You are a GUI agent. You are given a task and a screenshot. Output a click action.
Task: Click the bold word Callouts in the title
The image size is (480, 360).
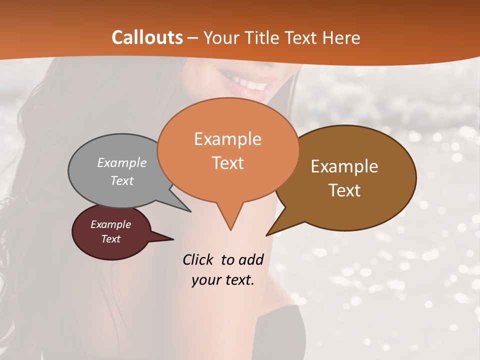click(x=147, y=37)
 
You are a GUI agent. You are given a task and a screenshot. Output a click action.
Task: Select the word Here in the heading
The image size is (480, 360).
click(x=342, y=37)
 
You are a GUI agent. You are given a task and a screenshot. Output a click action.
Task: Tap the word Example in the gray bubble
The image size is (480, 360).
click(x=122, y=162)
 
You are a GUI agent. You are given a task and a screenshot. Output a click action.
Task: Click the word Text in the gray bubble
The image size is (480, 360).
click(x=122, y=180)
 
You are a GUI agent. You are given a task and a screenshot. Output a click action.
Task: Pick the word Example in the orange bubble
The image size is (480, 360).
click(x=227, y=138)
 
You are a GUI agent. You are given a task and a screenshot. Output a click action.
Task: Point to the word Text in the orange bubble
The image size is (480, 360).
click(x=228, y=163)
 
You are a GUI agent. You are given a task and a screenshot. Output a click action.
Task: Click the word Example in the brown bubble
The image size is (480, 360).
click(x=344, y=166)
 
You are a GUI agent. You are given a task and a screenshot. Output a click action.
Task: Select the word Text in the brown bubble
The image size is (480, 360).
click(x=344, y=190)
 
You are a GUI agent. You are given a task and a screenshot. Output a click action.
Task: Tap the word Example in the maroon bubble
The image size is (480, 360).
click(x=110, y=224)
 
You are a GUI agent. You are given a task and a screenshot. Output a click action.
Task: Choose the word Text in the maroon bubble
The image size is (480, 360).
click(x=110, y=239)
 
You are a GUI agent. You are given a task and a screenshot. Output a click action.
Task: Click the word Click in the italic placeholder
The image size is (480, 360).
click(x=198, y=259)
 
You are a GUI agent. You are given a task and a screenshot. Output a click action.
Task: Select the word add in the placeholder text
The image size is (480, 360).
click(x=250, y=259)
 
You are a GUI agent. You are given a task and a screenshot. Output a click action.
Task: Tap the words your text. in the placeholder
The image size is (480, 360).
click(x=223, y=280)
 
